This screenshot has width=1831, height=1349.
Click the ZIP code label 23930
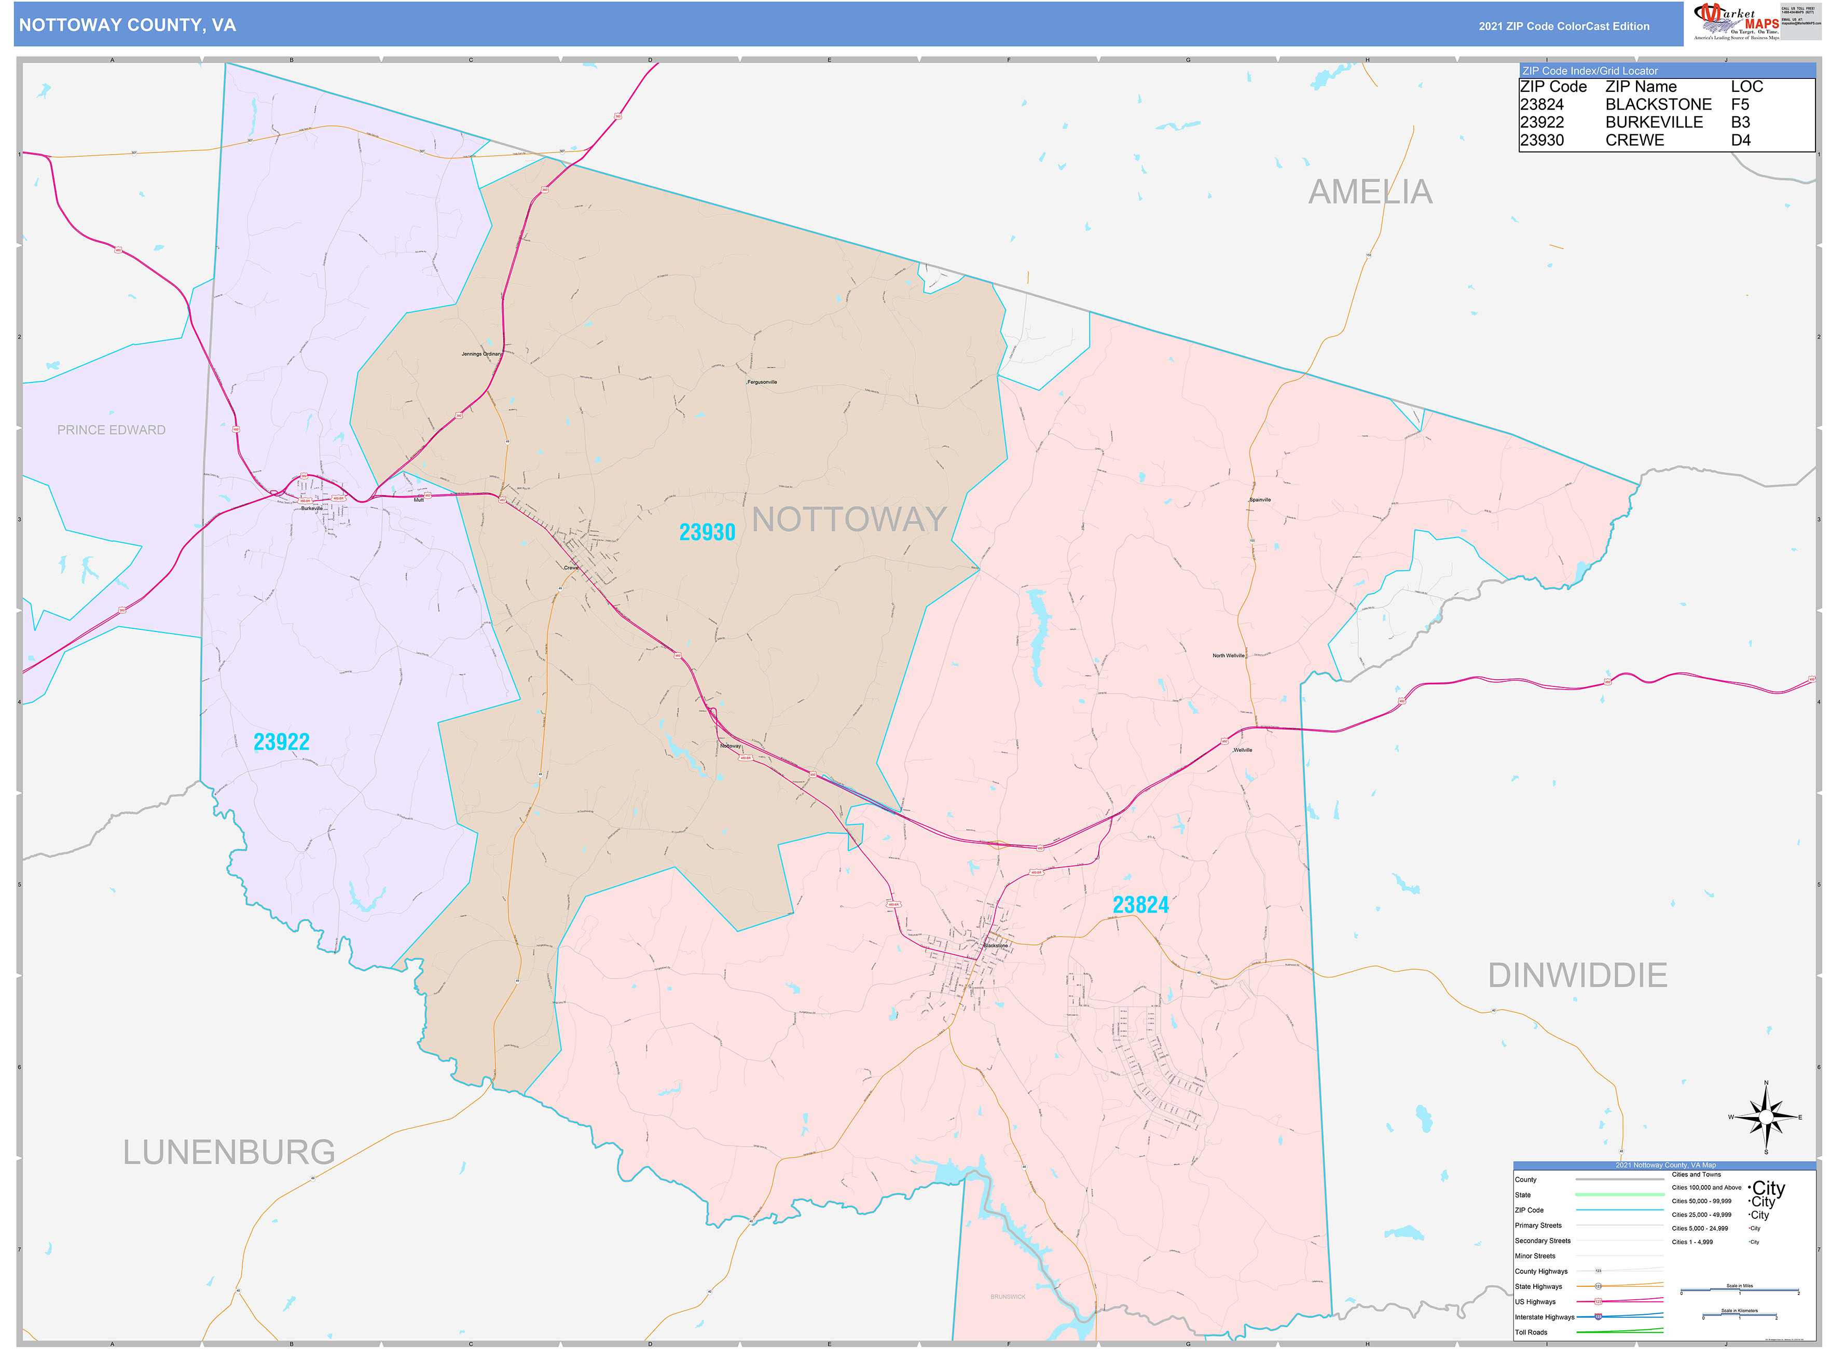point(707,532)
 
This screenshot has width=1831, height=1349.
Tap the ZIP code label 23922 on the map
point(281,741)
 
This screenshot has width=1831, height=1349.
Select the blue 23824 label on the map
point(1140,905)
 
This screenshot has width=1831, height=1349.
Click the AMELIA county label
point(1370,192)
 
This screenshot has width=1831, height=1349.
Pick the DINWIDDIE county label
point(1577,975)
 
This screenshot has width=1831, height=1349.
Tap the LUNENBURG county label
point(229,1152)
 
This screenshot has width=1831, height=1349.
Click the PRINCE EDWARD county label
point(111,430)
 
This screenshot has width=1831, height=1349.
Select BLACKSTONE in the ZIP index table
point(1657,104)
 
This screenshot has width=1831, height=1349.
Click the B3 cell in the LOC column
point(1740,122)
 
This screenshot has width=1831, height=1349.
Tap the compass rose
point(1765,1116)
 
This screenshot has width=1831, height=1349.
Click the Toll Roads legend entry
point(1531,1332)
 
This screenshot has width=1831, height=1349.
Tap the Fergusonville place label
point(762,382)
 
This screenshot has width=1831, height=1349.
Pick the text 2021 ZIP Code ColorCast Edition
point(1563,26)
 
